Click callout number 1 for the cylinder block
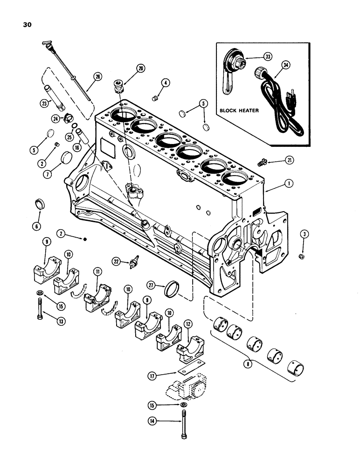[x=290, y=184]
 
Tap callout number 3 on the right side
[x=302, y=235]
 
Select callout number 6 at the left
[x=37, y=226]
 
